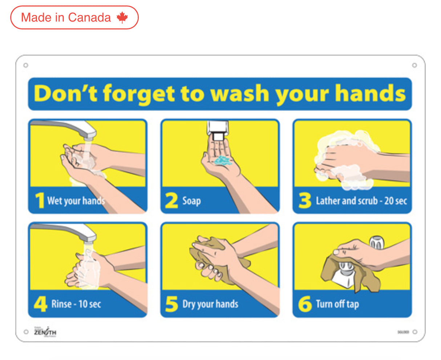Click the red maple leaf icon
point(122,17)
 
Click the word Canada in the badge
point(89,17)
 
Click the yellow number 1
point(39,201)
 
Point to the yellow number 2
point(171,201)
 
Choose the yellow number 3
point(305,200)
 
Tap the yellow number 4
point(40,304)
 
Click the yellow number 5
point(171,304)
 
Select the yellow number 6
point(305,304)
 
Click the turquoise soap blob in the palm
point(223,160)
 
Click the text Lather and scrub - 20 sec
point(361,201)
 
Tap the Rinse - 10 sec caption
point(76,304)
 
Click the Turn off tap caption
point(337,304)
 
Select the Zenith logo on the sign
point(45,332)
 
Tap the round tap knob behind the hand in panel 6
point(377,243)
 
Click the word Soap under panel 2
point(191,201)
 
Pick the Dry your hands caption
point(210,304)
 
